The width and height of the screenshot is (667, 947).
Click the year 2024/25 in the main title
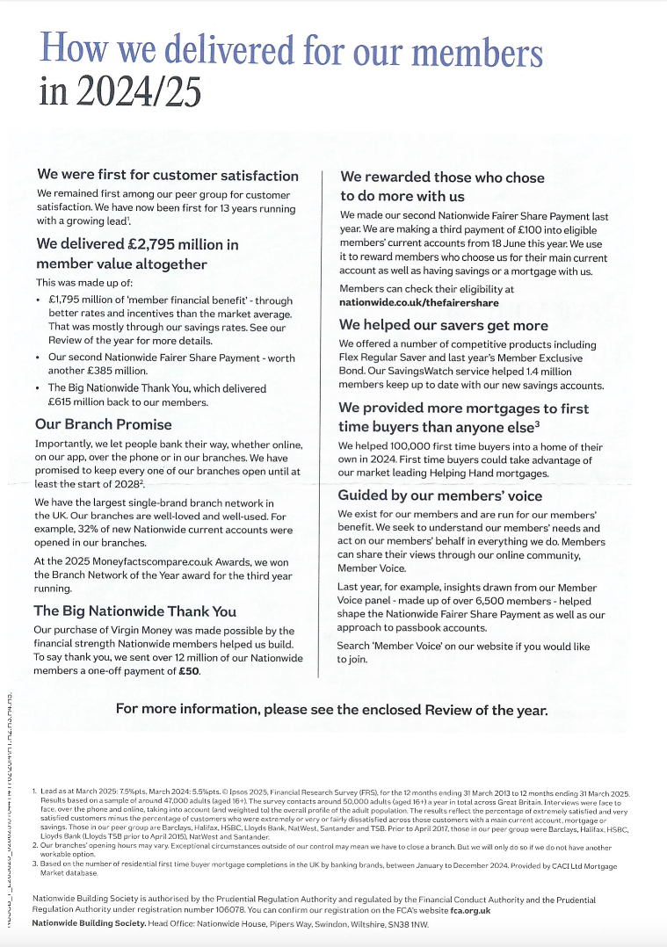click(120, 90)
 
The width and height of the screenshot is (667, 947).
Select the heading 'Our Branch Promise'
click(103, 423)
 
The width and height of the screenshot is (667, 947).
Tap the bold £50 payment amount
click(189, 670)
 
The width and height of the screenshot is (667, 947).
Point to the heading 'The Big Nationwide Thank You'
click(134, 611)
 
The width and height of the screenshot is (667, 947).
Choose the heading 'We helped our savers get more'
click(443, 325)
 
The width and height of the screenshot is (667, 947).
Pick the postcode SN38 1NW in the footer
click(407, 922)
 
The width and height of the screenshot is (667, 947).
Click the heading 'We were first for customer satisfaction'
click(167, 176)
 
